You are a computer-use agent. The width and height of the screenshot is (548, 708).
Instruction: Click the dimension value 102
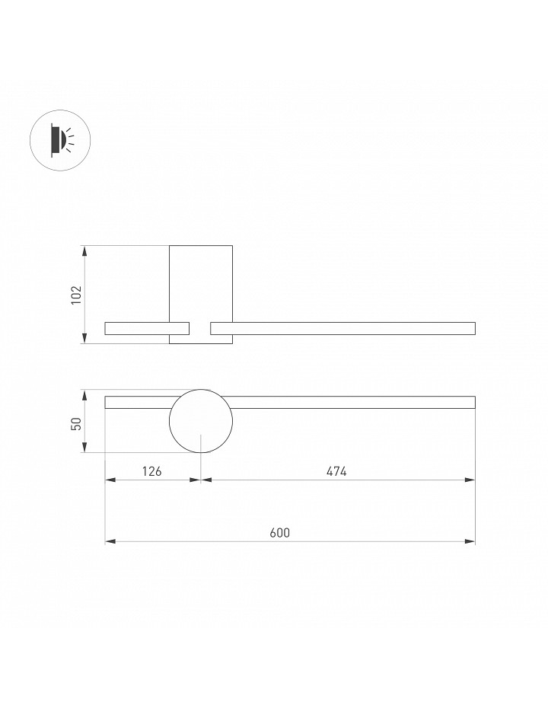click(77, 295)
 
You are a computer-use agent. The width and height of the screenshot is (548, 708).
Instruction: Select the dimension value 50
click(77, 423)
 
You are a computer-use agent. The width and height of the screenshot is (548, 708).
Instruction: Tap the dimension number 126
click(151, 471)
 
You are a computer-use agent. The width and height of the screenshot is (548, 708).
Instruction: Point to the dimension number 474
click(336, 471)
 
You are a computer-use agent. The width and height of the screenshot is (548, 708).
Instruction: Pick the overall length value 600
click(280, 533)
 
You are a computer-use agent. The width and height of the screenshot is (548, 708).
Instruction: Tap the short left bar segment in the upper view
click(147, 322)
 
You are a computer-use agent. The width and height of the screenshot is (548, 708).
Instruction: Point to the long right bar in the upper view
click(342, 322)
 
